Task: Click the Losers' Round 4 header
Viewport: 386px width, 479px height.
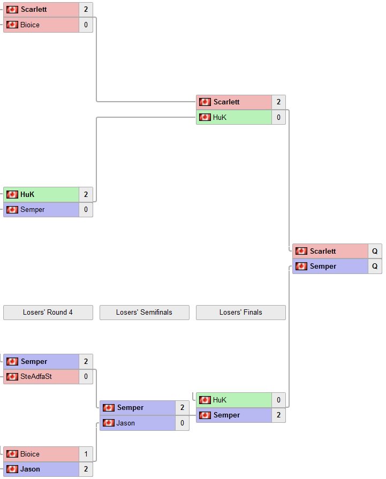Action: point(48,312)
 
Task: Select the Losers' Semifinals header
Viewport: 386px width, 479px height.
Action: point(144,312)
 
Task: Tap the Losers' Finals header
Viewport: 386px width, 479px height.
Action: point(240,312)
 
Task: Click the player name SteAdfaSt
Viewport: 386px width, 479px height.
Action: point(36,377)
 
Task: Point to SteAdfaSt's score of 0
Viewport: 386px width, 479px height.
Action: point(86,377)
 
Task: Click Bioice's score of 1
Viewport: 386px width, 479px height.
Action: point(86,454)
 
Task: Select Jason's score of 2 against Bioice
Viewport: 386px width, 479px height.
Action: point(86,469)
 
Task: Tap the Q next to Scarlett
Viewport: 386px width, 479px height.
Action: point(375,251)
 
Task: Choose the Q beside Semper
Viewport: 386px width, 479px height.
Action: point(375,267)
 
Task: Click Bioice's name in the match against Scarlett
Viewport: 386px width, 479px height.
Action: point(30,25)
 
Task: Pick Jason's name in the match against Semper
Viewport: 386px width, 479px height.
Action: point(125,423)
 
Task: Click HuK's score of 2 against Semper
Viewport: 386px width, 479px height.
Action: point(86,194)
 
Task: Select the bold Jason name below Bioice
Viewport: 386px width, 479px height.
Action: point(30,469)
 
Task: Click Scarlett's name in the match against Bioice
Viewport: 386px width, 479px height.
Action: point(33,10)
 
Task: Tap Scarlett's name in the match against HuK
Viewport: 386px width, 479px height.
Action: point(226,102)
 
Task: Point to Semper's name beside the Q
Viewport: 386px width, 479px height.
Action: point(323,267)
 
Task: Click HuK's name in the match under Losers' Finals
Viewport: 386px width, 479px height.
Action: point(220,400)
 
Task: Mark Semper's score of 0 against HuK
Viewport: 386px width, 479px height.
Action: point(86,210)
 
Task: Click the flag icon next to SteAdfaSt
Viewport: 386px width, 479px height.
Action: point(12,377)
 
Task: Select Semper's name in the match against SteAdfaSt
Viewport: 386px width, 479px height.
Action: point(34,362)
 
